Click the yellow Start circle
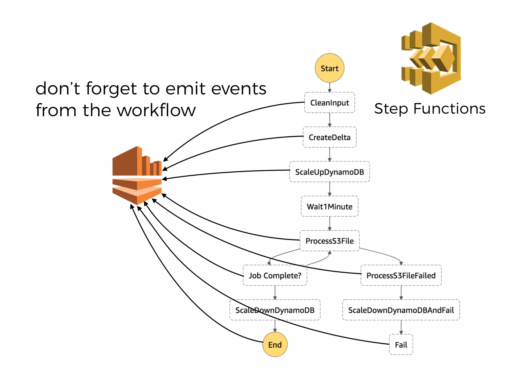329,68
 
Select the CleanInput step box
329,103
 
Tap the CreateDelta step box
329,137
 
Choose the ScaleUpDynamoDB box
329,172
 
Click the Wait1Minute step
329,206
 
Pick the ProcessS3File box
329,241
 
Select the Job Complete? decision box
275,275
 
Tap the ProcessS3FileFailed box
401,275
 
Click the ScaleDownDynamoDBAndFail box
401,310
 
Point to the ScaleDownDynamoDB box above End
275,310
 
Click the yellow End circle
275,345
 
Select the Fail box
401,345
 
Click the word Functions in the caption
449,109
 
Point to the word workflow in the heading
157,110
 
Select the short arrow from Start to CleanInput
329,87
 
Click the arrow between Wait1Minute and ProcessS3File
329,223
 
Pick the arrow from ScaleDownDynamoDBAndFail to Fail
401,327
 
